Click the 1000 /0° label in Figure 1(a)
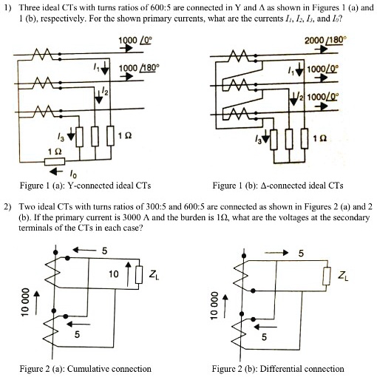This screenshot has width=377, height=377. click(131, 41)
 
